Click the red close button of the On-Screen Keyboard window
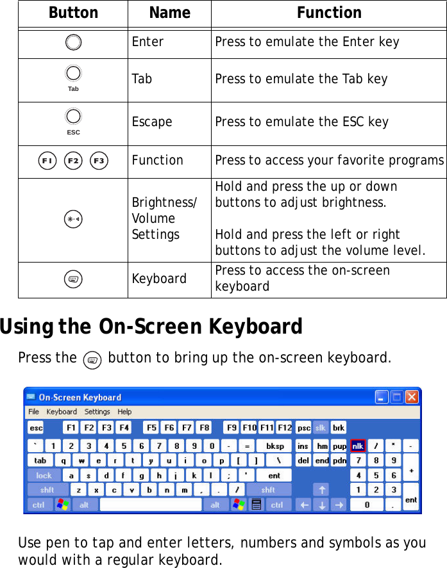coord(412,398)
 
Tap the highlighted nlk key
coord(357,445)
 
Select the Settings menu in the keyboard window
coord(97,412)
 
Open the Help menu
coord(124,412)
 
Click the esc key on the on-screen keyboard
coord(36,428)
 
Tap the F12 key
coord(284,428)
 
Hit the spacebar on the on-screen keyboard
coord(151,505)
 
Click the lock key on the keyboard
coord(44,475)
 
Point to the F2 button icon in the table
coord(72,160)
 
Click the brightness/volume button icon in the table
coord(72,220)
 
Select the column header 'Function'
coord(329,13)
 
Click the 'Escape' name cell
coord(152,122)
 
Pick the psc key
coord(303,428)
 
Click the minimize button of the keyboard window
coord(382,398)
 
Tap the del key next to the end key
coord(303,460)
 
